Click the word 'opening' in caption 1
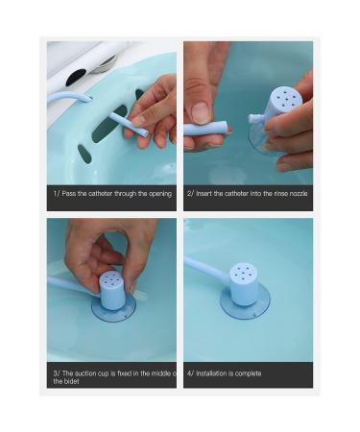(158, 193)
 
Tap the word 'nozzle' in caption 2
(293, 193)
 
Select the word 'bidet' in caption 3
(63, 381)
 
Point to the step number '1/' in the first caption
(55, 193)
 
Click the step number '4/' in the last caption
(190, 372)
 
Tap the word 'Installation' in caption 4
(214, 372)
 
